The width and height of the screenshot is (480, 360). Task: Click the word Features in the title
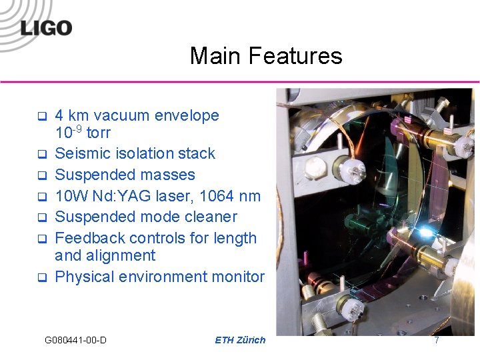click(x=297, y=55)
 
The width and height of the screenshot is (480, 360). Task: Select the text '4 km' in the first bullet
click(x=73, y=115)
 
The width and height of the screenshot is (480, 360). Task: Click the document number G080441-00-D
click(x=75, y=340)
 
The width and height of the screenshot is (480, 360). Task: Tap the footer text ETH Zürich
click(x=240, y=340)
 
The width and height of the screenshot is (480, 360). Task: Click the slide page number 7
click(x=437, y=340)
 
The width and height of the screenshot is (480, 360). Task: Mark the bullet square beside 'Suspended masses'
click(x=41, y=176)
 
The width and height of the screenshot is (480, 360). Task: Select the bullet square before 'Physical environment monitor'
click(x=41, y=277)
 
